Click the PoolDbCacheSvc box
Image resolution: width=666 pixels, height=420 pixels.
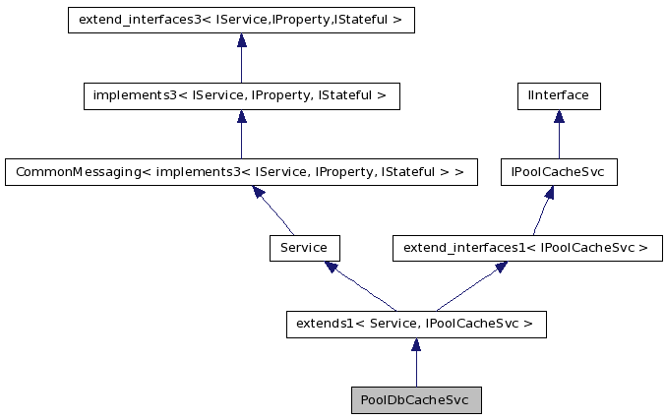[416, 400]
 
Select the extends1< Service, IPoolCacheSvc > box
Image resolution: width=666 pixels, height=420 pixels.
[416, 324]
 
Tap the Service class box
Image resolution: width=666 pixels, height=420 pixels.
[304, 248]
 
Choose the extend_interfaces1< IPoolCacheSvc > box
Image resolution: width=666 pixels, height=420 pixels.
[527, 248]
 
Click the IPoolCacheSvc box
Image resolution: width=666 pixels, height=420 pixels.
[559, 172]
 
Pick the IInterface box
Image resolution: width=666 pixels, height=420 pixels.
[559, 95]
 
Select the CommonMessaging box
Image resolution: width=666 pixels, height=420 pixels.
[241, 172]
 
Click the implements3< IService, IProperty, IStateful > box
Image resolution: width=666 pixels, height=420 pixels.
[241, 95]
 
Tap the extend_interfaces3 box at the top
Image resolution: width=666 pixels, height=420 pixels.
[241, 20]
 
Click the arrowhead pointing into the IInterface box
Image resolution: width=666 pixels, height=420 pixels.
[559, 116]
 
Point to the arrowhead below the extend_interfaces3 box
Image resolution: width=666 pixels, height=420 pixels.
[241, 40]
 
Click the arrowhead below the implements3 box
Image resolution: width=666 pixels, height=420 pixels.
[241, 116]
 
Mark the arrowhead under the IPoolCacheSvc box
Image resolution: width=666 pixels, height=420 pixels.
[547, 192]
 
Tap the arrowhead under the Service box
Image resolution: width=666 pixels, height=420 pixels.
[333, 267]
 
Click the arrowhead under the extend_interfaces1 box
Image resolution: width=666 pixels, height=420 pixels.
[500, 267]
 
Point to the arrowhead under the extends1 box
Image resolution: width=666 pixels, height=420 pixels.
[416, 344]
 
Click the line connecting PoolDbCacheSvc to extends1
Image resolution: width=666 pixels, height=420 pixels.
[416, 370]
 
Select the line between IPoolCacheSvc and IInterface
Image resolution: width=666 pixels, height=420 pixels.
[559, 142]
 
